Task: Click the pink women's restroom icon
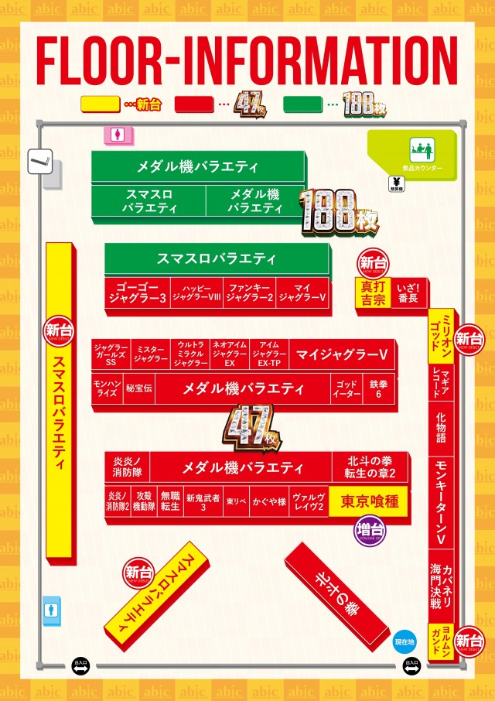pos(117,134)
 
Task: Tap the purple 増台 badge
pos(370,532)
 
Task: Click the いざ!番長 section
pos(408,292)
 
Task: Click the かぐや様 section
pos(271,501)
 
